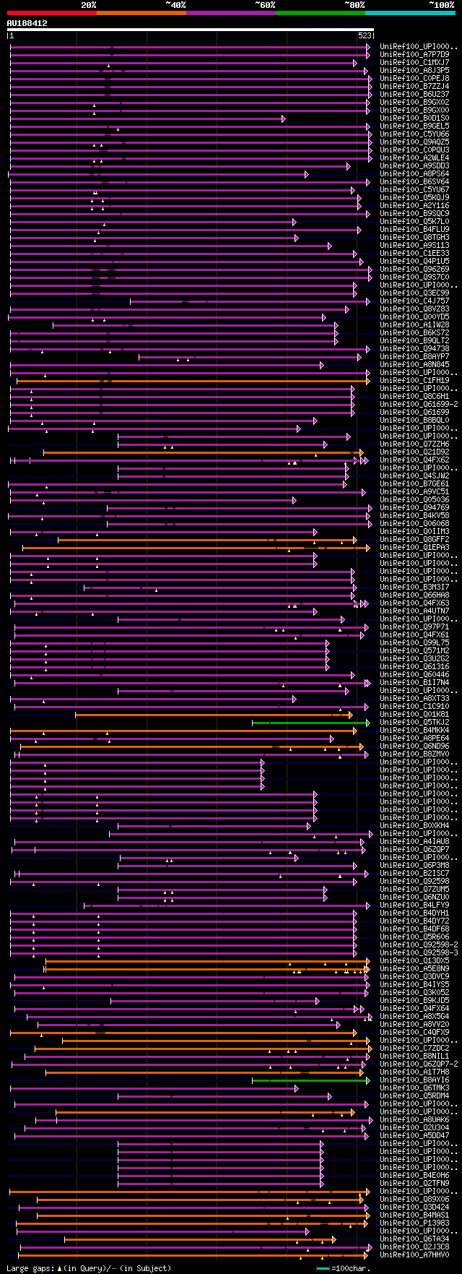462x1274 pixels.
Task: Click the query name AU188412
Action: click(27, 23)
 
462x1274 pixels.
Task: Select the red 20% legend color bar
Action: click(51, 12)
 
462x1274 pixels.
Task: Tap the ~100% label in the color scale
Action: click(441, 5)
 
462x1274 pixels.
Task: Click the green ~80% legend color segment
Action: click(320, 12)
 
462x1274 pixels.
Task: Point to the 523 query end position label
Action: click(365, 35)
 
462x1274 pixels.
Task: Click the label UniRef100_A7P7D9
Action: click(415, 54)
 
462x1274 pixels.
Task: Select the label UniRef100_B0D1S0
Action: click(415, 118)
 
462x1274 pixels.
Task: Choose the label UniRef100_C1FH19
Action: click(415, 380)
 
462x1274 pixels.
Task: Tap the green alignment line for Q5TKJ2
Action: click(310, 722)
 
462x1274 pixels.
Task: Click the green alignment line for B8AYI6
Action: click(310, 1080)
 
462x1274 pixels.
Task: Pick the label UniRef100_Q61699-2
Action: click(419, 404)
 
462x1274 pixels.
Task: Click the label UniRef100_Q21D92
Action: click(415, 452)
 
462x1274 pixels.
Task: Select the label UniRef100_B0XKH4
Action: click(415, 825)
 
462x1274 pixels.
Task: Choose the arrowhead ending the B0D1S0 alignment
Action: click(283, 119)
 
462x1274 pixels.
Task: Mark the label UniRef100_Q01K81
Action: click(415, 714)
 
